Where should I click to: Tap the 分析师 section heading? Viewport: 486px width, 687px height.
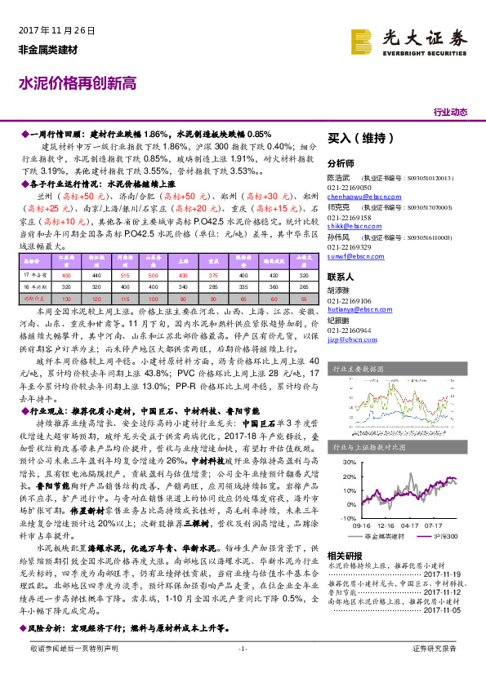[x=341, y=163]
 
